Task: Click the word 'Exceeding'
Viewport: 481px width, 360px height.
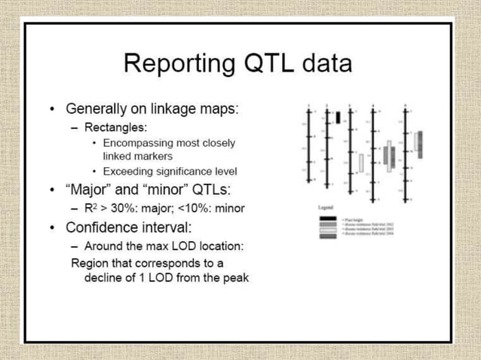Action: (127, 171)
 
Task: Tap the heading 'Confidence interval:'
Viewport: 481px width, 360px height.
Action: (130, 227)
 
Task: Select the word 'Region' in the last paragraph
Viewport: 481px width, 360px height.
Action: (89, 263)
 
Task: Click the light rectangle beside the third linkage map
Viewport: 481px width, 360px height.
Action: (361, 162)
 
